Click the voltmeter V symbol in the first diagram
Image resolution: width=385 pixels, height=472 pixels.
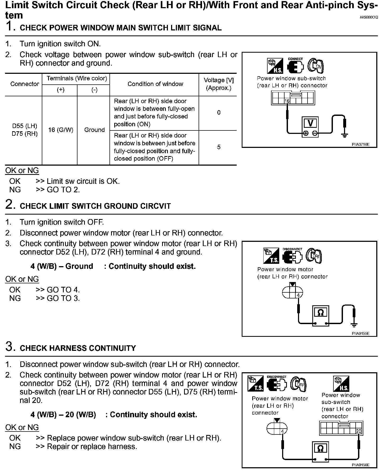click(x=310, y=123)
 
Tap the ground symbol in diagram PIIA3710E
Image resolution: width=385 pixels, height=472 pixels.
click(x=344, y=135)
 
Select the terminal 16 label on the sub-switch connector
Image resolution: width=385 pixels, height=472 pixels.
click(x=287, y=101)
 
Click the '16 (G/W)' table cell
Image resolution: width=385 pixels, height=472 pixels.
click(x=60, y=130)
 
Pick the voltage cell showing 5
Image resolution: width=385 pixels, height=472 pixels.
click(x=219, y=147)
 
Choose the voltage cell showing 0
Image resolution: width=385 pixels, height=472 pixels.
click(x=219, y=113)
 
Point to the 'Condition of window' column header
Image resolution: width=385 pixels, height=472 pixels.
click(x=155, y=84)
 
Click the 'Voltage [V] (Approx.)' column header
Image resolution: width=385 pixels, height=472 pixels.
click(x=219, y=84)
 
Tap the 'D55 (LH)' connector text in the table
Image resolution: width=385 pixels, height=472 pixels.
click(x=25, y=126)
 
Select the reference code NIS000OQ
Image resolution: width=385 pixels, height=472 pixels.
click(x=369, y=17)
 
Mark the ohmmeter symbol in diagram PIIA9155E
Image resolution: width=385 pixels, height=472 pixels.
click(x=320, y=313)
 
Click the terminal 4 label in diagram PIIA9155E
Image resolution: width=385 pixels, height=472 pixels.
click(x=298, y=296)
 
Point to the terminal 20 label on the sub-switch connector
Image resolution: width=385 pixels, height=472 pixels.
click(x=359, y=431)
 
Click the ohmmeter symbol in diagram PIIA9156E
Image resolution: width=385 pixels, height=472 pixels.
click(x=320, y=448)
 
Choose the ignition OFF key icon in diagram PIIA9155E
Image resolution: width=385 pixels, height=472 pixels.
click(x=314, y=256)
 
